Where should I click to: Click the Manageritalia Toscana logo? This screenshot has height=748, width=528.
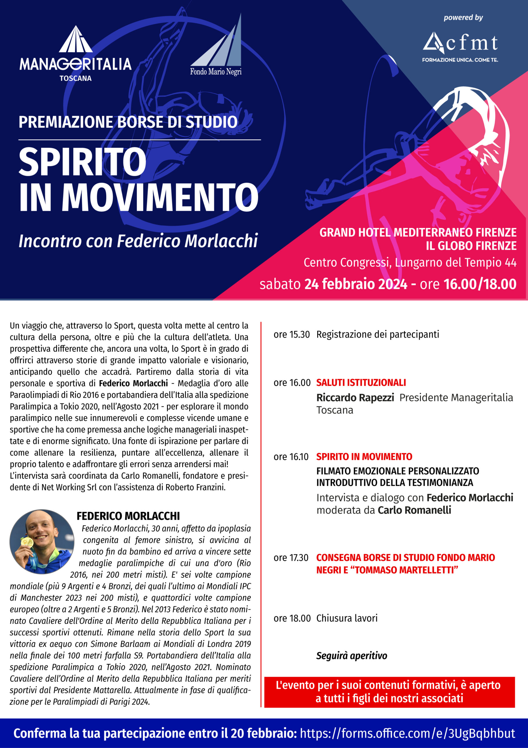(76, 54)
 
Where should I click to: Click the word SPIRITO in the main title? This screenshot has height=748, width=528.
(82, 162)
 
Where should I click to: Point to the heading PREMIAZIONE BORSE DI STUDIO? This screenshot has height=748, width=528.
(128, 122)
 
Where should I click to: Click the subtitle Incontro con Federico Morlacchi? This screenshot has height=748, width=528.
(138, 241)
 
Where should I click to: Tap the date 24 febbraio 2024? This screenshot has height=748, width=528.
(356, 284)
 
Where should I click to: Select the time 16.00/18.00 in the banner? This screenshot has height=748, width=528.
(480, 284)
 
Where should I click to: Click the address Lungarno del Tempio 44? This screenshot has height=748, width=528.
(455, 262)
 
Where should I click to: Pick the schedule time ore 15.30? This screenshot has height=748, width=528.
(291, 335)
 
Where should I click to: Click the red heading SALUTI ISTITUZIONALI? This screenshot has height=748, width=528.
(361, 382)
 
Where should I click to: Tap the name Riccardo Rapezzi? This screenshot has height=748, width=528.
(355, 397)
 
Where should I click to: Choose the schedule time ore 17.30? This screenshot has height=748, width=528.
(291, 558)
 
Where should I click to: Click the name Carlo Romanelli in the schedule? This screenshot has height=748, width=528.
(414, 510)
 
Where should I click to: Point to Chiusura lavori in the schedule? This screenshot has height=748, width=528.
(347, 618)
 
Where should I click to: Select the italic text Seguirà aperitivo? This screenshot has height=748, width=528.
(352, 655)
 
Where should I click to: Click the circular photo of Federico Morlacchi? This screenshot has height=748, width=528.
(42, 542)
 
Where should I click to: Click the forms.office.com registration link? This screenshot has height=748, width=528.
(407, 733)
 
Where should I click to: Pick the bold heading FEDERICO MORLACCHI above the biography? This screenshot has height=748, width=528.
(128, 516)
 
